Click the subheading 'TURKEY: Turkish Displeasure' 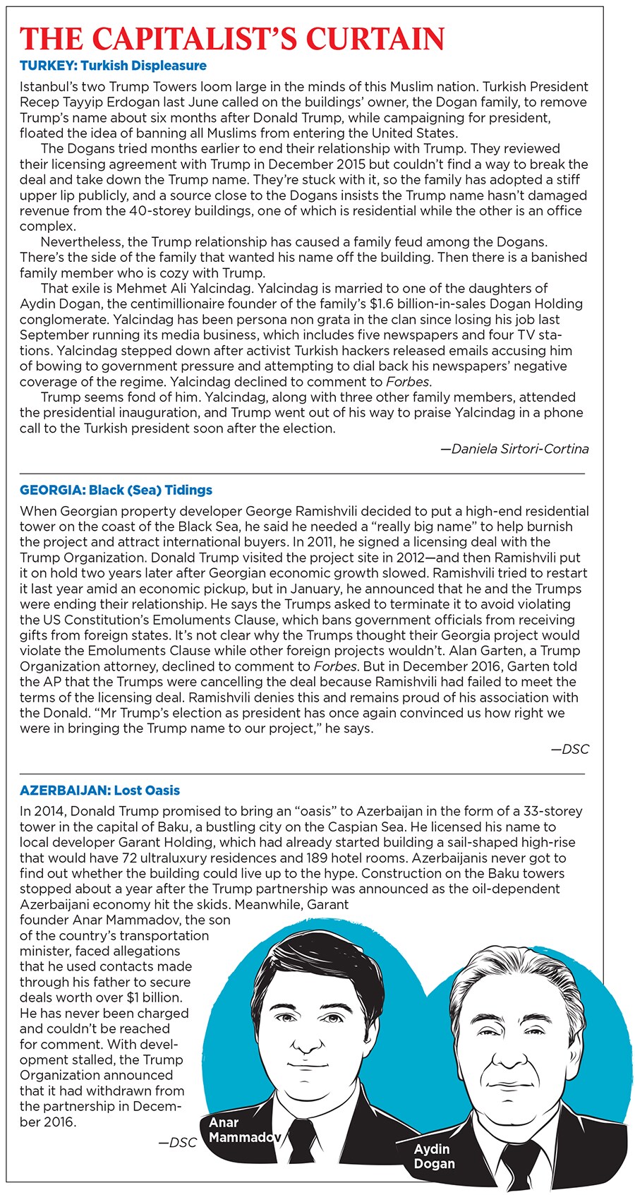[113, 66]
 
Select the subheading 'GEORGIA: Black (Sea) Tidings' [116, 491]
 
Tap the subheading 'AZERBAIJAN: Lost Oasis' [99, 791]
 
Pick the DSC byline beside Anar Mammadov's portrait [177, 1142]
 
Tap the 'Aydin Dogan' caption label [434, 1156]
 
